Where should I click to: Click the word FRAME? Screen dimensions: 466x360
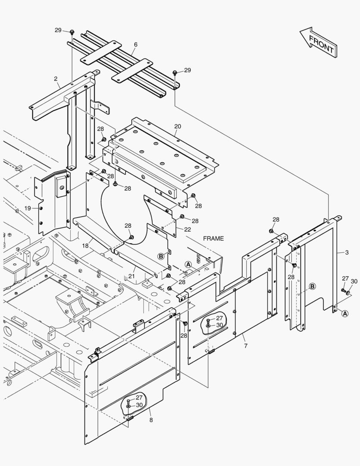click(x=213, y=239)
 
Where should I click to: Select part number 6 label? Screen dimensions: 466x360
click(x=135, y=44)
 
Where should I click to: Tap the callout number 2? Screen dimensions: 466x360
click(x=56, y=79)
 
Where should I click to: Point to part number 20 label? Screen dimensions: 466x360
click(x=178, y=126)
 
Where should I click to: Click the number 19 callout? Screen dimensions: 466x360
click(x=28, y=208)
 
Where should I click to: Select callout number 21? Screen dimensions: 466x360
click(x=131, y=276)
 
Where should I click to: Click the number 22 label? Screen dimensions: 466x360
click(x=188, y=229)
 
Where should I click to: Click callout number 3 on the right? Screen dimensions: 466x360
click(x=346, y=252)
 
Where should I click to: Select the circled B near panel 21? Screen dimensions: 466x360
click(x=161, y=256)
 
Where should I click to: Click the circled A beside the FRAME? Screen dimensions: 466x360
click(x=188, y=264)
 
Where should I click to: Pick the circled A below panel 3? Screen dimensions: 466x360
click(x=345, y=314)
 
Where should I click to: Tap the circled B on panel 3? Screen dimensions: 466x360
click(x=312, y=286)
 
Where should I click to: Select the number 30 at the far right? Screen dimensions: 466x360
click(x=354, y=281)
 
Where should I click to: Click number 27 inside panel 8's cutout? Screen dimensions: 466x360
click(x=139, y=397)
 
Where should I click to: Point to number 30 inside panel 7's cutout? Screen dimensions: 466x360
click(x=219, y=325)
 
